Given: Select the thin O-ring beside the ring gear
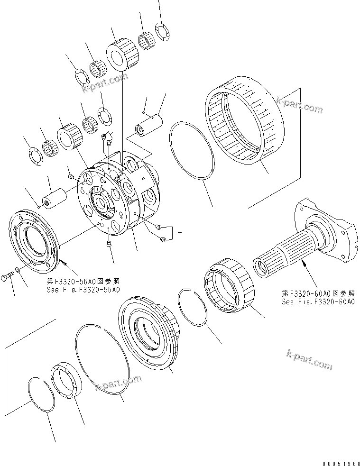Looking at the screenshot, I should tap(192, 151).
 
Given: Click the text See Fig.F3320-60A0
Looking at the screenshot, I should tap(318, 302).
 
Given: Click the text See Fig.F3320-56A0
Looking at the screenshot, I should tap(83, 289).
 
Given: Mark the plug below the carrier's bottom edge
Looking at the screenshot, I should tap(108, 244).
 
